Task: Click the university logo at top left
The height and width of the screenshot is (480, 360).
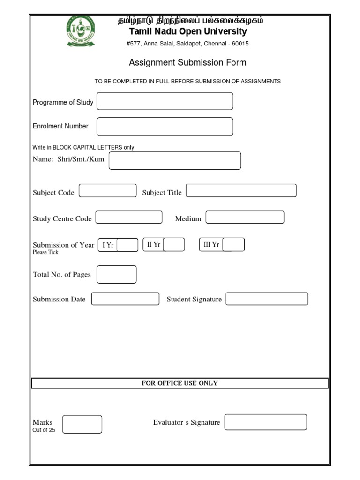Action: click(80, 31)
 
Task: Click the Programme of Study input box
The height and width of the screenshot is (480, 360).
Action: click(165, 101)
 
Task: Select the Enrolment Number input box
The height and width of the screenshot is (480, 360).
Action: click(165, 127)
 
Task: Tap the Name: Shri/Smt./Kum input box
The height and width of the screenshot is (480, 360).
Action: click(175, 160)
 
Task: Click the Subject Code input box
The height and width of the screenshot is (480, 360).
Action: click(108, 191)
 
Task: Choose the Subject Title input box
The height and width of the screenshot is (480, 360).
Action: click(241, 191)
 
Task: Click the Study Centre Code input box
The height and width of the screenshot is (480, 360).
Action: click(129, 217)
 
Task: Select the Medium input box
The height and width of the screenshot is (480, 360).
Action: click(245, 217)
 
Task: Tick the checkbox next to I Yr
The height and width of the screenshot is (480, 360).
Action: click(127, 245)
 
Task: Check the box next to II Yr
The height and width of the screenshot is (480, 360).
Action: click(174, 245)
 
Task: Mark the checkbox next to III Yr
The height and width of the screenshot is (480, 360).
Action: click(233, 245)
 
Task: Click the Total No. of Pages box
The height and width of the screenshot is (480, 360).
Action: click(117, 275)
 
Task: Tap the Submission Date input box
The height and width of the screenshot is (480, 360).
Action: click(125, 299)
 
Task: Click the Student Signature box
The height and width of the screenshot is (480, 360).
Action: click(267, 299)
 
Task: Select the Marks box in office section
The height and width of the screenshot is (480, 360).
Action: click(82, 424)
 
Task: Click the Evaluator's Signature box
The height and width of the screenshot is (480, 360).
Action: click(265, 422)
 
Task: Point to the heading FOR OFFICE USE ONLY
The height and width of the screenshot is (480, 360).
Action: click(180, 383)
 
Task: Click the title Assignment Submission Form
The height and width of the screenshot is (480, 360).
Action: click(187, 63)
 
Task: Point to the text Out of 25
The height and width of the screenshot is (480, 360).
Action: click(44, 430)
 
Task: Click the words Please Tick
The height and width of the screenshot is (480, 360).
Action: click(45, 252)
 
